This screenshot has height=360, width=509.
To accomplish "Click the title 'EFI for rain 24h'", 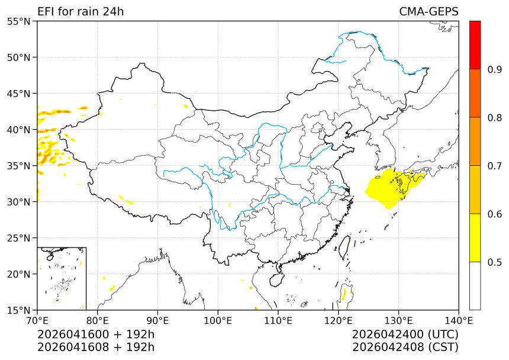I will (x=80, y=12).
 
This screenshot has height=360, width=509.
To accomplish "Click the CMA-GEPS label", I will (x=429, y=12).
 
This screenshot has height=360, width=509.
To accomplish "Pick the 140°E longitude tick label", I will (x=458, y=320).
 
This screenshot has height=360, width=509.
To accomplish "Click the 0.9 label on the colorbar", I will (x=494, y=70).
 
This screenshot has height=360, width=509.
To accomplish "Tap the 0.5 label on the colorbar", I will (x=494, y=262).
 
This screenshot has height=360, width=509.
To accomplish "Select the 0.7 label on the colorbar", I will (x=494, y=166).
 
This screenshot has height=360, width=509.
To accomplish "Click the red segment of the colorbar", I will (x=475, y=45).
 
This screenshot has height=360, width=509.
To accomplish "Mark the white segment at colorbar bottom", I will (x=475, y=285).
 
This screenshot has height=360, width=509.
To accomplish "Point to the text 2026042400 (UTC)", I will (x=405, y=335).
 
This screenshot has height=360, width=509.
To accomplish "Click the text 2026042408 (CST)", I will (x=405, y=347).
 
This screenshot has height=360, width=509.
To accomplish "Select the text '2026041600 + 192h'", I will (x=96, y=335).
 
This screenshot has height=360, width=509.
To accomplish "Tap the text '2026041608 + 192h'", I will (x=96, y=347).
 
